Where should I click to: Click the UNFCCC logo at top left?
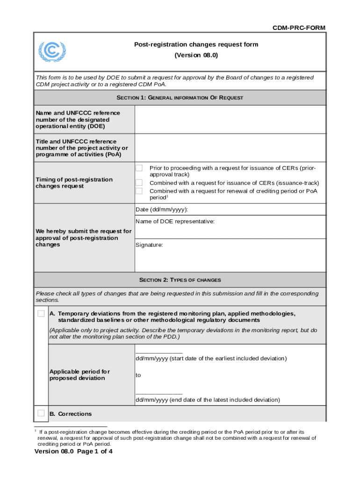coord(52,52)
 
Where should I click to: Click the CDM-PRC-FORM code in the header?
coord(299,28)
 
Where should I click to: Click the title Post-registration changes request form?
coord(196,44)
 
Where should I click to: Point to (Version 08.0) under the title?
coord(196,55)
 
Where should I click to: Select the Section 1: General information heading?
coord(180,98)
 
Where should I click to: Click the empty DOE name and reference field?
coord(230,120)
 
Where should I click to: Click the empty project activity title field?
coord(230,148)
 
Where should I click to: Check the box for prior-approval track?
coord(139,168)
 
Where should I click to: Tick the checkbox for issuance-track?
coord(139,182)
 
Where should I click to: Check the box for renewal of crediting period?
coord(139,191)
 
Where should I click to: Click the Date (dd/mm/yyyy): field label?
coord(162,210)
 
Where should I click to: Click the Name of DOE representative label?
coord(175,221)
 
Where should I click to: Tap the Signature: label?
coord(149,245)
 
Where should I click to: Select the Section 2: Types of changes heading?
coord(180,280)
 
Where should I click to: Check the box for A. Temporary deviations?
coord(41,313)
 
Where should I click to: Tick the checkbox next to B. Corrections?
coord(41,413)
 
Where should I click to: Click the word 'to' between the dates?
coord(138,375)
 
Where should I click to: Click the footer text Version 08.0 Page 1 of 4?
coord(73,452)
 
